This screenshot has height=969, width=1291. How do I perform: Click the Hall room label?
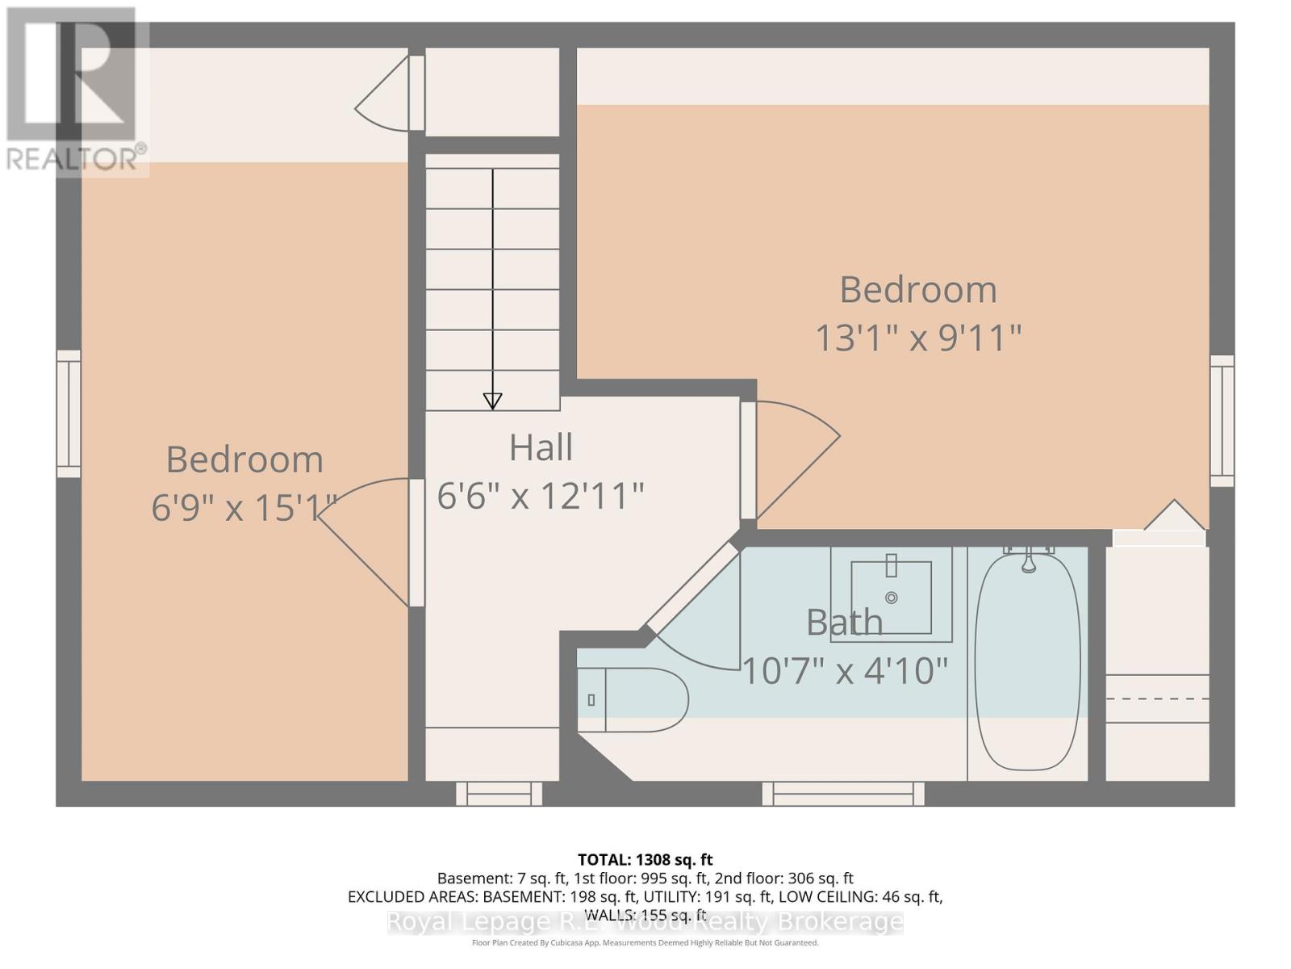click(541, 447)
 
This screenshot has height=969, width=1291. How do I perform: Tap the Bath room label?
click(844, 623)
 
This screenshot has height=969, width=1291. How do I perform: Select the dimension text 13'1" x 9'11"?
click(918, 338)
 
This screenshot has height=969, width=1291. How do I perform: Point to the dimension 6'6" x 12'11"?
click(541, 496)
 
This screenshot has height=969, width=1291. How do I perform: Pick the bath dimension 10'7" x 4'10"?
click(844, 671)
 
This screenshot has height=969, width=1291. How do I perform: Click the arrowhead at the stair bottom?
click(492, 401)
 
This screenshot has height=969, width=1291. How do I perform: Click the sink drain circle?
click(892, 598)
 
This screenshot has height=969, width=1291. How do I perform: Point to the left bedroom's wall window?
click(69, 413)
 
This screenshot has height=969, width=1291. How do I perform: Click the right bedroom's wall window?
click(1222, 421)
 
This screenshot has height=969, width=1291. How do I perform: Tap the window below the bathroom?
click(843, 794)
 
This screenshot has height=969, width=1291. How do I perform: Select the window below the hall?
click(499, 794)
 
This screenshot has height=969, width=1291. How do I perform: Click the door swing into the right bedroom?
click(795, 456)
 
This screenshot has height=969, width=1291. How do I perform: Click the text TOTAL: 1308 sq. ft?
click(645, 860)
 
